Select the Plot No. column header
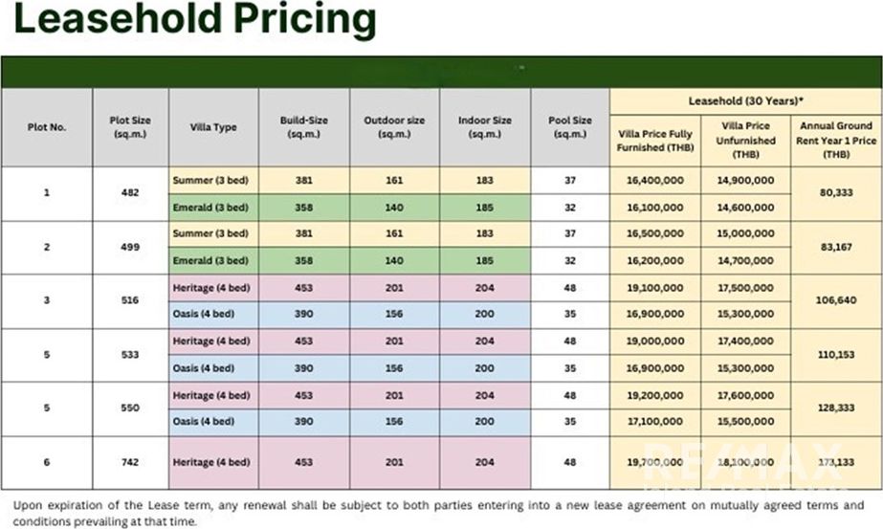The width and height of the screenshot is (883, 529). [47, 127]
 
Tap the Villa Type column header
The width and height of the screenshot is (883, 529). [213, 127]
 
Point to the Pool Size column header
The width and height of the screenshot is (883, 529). [569, 127]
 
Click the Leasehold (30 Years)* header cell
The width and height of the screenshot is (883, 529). [746, 100]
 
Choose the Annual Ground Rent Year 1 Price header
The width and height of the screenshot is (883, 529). [835, 140]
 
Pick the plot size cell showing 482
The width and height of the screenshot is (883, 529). [130, 193]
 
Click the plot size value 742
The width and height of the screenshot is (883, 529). [130, 462]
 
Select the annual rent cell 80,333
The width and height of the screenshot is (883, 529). [835, 193]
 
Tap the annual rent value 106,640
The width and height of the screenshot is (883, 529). [835, 301]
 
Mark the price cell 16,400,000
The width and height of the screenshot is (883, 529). [655, 180]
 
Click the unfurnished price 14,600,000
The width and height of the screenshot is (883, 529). [745, 207]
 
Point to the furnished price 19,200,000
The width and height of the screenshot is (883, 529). [655, 395]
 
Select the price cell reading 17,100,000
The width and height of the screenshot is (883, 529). [655, 422]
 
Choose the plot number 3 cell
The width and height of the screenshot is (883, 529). [47, 301]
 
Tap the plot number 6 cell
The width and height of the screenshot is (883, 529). [47, 462]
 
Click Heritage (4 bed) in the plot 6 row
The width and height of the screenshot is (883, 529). [211, 462]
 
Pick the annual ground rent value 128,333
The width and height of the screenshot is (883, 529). [835, 408]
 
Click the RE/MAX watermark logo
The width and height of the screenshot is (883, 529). [742, 463]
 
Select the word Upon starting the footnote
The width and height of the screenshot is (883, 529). [31, 505]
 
